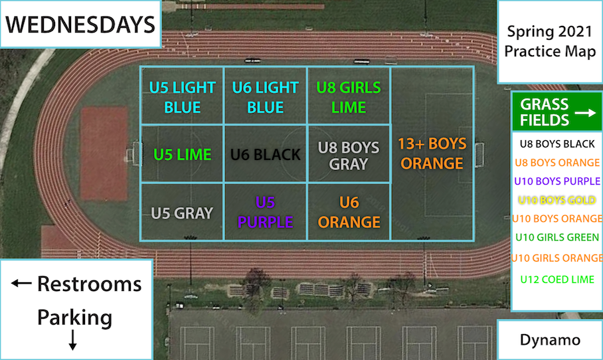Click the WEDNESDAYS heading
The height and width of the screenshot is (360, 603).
coord(80,25)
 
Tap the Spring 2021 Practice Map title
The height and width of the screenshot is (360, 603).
coord(550,41)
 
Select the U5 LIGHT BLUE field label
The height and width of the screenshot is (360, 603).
coord(182,97)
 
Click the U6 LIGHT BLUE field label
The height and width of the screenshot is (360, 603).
coord(266,97)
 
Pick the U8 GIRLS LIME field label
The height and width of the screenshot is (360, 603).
coord(349,97)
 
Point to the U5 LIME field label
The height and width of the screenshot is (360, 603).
coord(182,155)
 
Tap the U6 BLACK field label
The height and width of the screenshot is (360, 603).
coord(266,155)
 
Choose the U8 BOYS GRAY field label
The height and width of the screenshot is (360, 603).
coord(349,155)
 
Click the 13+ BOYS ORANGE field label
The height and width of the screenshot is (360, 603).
coord(432,153)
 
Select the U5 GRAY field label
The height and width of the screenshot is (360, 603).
coord(182,213)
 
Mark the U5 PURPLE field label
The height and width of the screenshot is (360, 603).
coord(266,212)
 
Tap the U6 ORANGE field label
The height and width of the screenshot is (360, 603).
coord(349,212)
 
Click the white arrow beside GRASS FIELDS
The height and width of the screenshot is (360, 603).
coord(584,114)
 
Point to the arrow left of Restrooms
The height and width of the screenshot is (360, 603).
coord(22,284)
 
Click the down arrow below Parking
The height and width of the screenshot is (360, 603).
coord(73,340)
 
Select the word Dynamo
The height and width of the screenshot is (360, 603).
coord(550,340)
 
